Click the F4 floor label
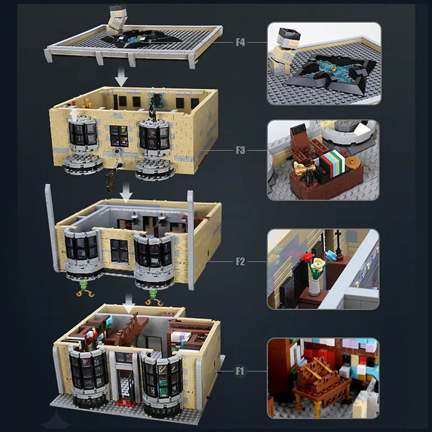(240, 43)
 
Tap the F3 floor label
(240, 151)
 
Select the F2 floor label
(240, 261)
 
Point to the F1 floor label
(240, 371)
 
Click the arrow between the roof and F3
(121, 77)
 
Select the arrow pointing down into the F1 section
(129, 303)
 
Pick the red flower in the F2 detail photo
(307, 258)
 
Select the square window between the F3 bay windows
(119, 136)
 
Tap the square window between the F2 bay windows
(119, 251)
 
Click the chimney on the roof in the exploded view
(117, 19)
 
